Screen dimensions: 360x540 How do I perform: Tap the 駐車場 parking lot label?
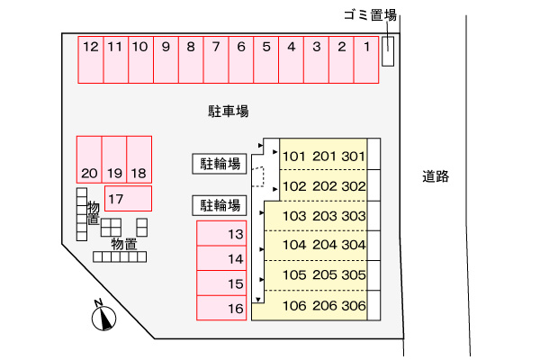point(229,112)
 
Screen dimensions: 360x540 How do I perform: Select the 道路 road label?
point(435,176)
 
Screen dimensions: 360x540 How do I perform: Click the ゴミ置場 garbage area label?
point(370,14)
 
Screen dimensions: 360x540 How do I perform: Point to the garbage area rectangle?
point(388,51)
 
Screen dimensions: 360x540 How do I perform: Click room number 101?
point(295,157)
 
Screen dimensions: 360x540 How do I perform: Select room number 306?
point(354,305)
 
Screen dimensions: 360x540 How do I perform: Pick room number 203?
point(324,216)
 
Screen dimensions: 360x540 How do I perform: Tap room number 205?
point(324,275)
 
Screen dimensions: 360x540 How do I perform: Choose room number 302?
point(354,186)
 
